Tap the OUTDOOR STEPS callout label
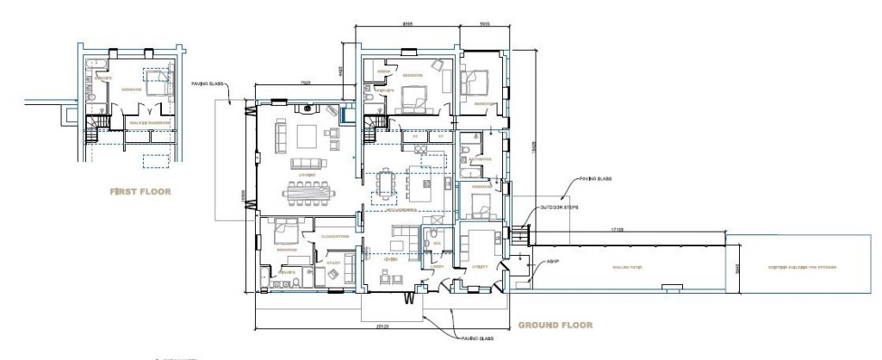tap(560, 207)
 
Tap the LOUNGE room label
tap(306, 175)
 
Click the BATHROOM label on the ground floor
tap(480, 159)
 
